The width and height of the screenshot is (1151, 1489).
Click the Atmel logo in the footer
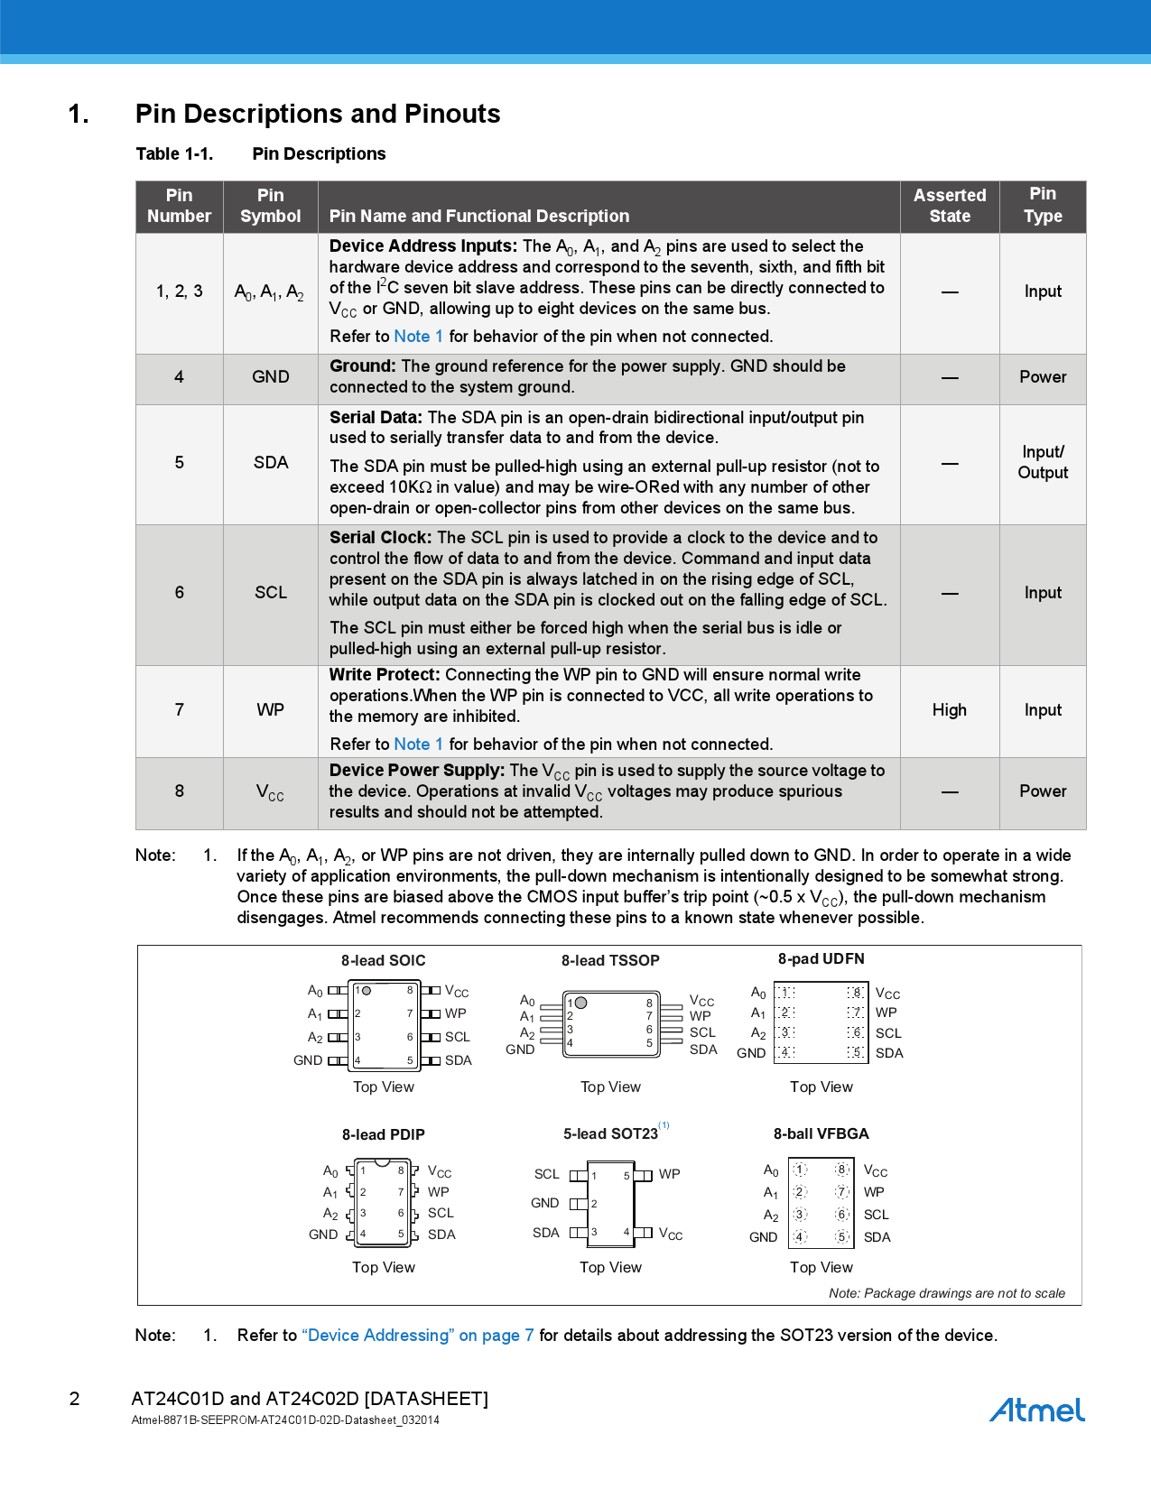point(1036,1410)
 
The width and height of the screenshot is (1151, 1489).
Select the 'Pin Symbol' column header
point(270,206)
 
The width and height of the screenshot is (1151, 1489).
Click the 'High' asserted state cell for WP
point(949,710)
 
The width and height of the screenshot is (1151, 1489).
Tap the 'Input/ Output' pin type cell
point(1043,463)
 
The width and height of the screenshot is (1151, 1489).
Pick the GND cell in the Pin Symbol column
point(270,377)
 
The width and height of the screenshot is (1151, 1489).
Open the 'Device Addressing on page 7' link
point(418,1336)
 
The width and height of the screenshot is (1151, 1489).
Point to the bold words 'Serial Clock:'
point(380,538)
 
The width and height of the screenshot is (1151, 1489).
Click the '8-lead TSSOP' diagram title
point(610,961)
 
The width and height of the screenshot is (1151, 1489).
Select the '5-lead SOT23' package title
point(610,1134)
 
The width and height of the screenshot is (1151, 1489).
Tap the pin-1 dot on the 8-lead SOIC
point(367,991)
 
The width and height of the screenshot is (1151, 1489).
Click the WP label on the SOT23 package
point(669,1174)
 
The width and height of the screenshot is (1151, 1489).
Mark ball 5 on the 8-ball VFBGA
point(841,1237)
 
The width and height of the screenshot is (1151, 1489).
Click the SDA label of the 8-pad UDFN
point(889,1053)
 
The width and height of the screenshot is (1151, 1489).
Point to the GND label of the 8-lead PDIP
point(323,1235)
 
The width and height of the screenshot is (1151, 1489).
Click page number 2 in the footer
point(75,1399)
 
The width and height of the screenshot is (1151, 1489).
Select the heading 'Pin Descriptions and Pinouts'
point(317,114)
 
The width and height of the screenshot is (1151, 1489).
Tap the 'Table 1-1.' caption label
point(174,154)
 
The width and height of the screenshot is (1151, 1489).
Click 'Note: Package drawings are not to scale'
point(946,1293)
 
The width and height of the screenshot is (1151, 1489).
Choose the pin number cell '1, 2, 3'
point(179,291)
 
